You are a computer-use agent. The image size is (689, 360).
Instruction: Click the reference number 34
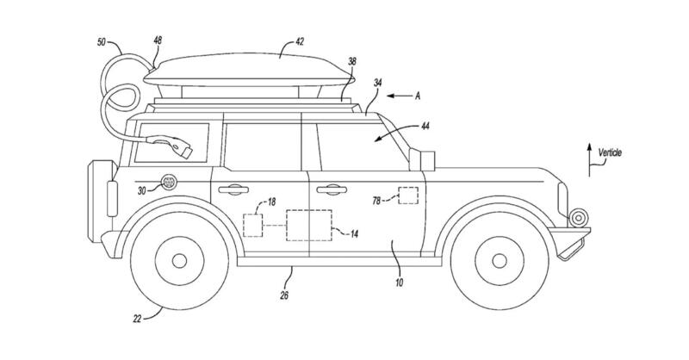(x=376, y=83)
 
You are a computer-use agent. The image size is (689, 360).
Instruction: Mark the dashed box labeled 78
(x=407, y=196)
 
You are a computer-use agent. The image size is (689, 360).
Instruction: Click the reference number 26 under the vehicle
(x=284, y=295)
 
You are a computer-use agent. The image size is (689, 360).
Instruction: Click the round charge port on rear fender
(x=169, y=183)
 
